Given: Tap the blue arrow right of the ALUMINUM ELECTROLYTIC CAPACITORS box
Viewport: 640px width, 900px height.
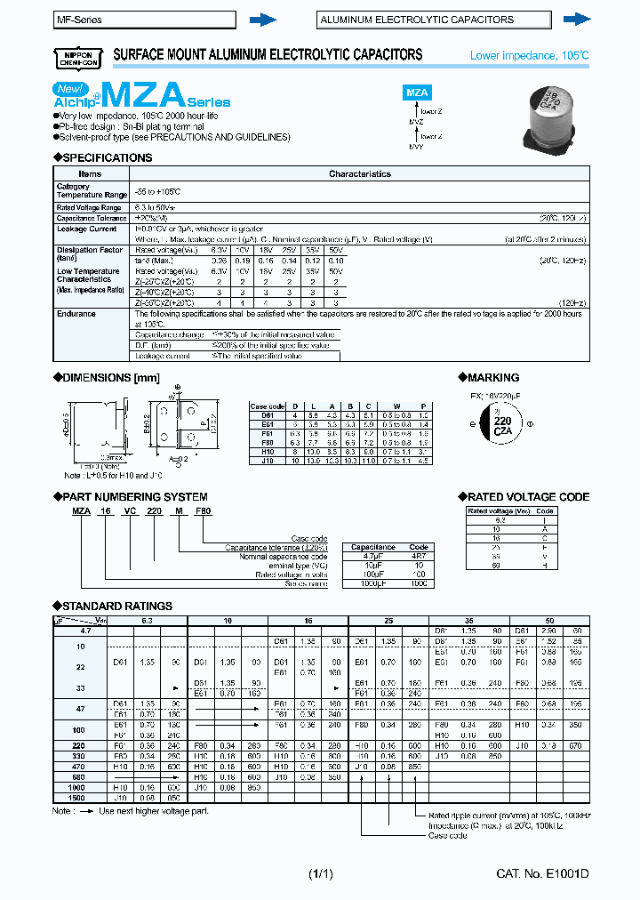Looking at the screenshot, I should point(577,19).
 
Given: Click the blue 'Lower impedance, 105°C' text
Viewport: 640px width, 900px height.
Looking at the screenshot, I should point(529,56).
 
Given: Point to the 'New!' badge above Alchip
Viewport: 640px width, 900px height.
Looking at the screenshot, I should point(69,88).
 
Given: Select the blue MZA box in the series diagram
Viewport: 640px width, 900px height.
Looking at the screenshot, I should point(417,92).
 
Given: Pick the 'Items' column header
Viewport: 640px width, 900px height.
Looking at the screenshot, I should point(91,174).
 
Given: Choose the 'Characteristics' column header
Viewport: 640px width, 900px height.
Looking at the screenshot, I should point(360,174).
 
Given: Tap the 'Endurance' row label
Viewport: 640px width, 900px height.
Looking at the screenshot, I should point(76,314).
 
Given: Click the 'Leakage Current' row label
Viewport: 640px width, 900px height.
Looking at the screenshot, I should point(84,229).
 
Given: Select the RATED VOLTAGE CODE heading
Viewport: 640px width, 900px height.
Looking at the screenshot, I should point(524,497).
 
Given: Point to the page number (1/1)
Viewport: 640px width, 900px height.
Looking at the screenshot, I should point(320,875).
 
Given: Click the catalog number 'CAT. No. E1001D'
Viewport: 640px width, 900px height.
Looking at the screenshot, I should point(541,875).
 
